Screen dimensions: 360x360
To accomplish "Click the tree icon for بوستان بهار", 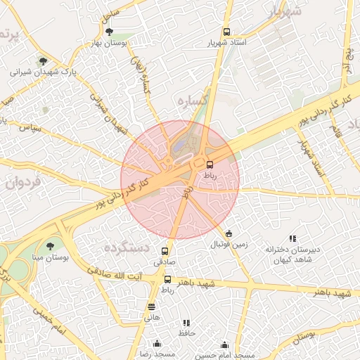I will [x=108, y=32].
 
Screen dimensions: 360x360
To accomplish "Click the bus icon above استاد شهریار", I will [x=226, y=32].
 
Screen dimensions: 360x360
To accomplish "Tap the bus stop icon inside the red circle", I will [x=210, y=164].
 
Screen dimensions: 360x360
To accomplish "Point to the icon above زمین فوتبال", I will [x=229, y=233].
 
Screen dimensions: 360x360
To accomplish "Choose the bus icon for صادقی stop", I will [x=166, y=251].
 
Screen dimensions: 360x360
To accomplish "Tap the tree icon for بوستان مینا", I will [x=49, y=245].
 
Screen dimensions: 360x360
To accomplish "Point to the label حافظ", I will [x=187, y=332].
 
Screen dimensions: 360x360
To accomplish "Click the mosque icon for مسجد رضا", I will [x=157, y=345].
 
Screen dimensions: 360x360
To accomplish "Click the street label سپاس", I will [x=32, y=129].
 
